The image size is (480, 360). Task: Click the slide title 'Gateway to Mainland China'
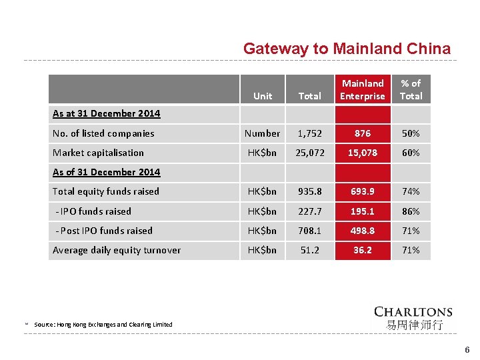[347, 49]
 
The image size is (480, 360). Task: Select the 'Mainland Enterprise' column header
[363, 90]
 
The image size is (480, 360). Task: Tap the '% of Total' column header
[411, 90]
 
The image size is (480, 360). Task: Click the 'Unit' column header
[263, 96]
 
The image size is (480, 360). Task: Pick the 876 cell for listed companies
[363, 133]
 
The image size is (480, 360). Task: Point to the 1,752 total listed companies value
[310, 133]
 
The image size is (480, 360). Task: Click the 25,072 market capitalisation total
[310, 153]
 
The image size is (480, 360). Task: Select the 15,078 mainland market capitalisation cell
[363, 153]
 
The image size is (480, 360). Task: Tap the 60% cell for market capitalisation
[411, 153]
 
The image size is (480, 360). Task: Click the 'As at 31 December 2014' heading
[106, 113]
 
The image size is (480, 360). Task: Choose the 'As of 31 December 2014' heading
[106, 172]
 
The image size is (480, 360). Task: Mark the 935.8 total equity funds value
[310, 191]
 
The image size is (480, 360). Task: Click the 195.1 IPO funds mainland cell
[363, 211]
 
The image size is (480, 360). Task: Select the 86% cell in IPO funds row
[411, 211]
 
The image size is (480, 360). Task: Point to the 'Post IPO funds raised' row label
[104, 231]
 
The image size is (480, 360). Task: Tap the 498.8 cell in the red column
[363, 231]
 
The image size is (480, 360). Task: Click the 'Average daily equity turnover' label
[117, 251]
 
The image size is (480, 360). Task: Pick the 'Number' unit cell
[263, 133]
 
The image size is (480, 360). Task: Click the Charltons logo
[413, 319]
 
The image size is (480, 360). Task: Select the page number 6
[467, 350]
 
